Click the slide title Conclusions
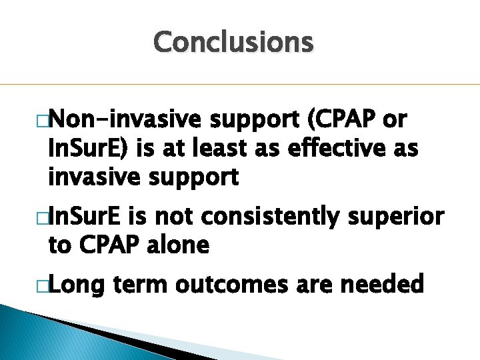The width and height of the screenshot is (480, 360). pyautogui.click(x=233, y=43)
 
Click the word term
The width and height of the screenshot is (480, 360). pyautogui.click(x=141, y=285)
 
